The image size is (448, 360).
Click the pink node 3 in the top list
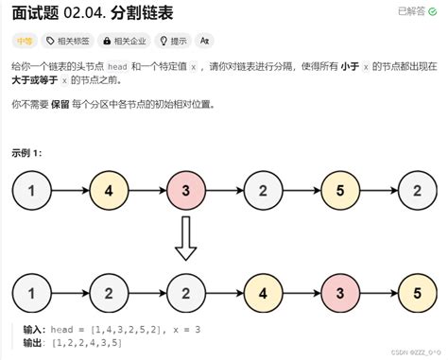click(185, 192)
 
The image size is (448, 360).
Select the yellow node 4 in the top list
click(108, 192)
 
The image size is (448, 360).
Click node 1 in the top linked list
click(31, 192)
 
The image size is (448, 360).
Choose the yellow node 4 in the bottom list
click(263, 293)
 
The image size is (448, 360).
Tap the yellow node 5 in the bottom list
click(418, 293)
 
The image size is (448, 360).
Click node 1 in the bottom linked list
click(31, 293)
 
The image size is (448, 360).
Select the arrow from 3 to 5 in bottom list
click(379, 293)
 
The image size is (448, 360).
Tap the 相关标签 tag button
click(67, 41)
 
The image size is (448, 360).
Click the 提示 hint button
click(174, 41)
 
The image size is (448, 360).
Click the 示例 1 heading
click(26, 152)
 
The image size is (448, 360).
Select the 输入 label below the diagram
click(34, 330)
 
